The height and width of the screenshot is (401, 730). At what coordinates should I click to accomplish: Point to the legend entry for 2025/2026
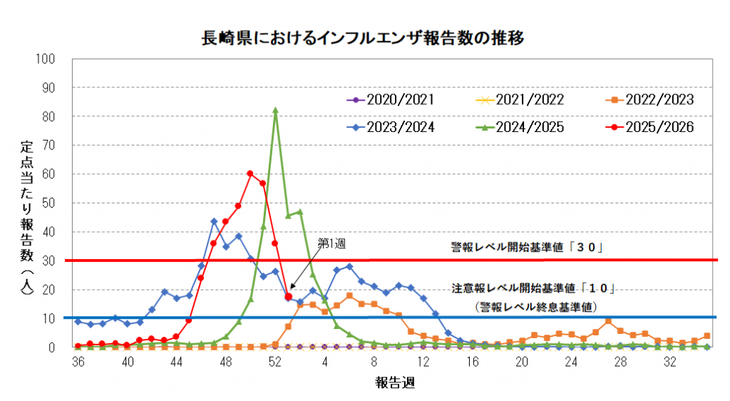coord(649,128)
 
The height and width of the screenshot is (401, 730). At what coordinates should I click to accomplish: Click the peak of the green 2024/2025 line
coord(275,110)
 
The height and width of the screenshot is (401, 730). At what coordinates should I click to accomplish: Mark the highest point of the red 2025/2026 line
coord(250,173)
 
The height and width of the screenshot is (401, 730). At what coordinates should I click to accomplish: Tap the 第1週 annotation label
coord(331,243)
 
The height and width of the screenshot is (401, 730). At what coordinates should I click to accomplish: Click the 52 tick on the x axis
coord(275,362)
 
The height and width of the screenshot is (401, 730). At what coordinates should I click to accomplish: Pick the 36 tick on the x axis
coord(78,362)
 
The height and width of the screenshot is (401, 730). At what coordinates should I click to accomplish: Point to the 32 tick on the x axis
coord(669,362)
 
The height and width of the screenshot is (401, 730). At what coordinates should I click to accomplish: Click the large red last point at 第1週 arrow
coord(288,296)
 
